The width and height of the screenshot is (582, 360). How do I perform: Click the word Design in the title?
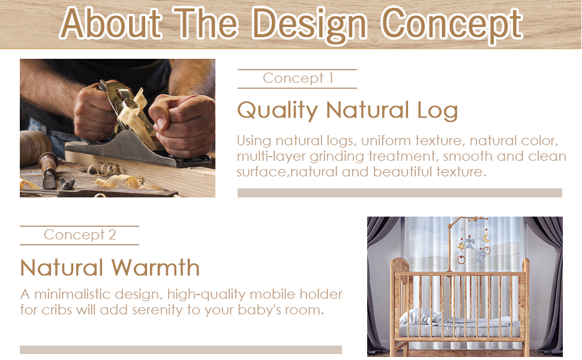tap(309, 25)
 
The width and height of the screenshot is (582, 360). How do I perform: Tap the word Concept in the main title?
tap(452, 25)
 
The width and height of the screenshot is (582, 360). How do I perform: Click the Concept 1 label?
tap(298, 79)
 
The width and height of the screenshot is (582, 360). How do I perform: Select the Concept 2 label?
tap(80, 235)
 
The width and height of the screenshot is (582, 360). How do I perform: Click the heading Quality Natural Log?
tap(347, 110)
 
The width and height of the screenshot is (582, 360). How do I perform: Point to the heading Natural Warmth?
tap(110, 268)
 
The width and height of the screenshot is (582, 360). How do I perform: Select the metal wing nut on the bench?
tap(67, 182)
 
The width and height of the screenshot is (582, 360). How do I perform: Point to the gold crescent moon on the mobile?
tap(486, 238)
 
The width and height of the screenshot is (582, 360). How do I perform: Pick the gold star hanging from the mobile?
tap(461, 246)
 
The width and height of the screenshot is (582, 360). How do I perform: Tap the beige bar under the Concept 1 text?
tap(400, 193)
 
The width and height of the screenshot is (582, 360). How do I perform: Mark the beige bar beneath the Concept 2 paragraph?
tap(181, 350)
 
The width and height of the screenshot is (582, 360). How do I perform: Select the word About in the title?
tap(110, 24)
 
